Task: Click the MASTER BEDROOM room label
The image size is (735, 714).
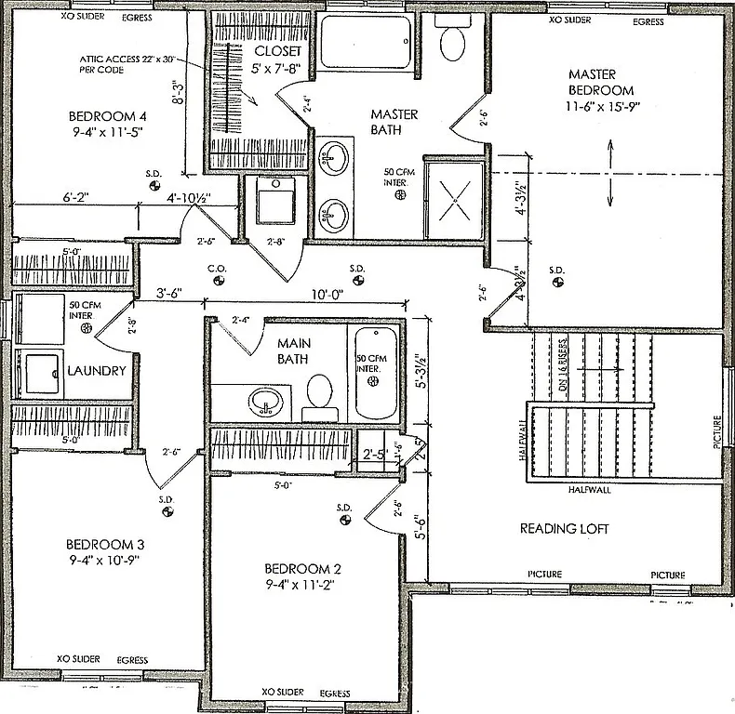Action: point(600,82)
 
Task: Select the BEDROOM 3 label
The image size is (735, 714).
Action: point(104,544)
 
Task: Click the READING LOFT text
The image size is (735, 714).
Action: point(564,528)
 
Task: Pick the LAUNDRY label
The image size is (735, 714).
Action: point(97,370)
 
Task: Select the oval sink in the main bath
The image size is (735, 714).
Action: point(265,402)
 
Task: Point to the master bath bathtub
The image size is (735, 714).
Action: point(366,40)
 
